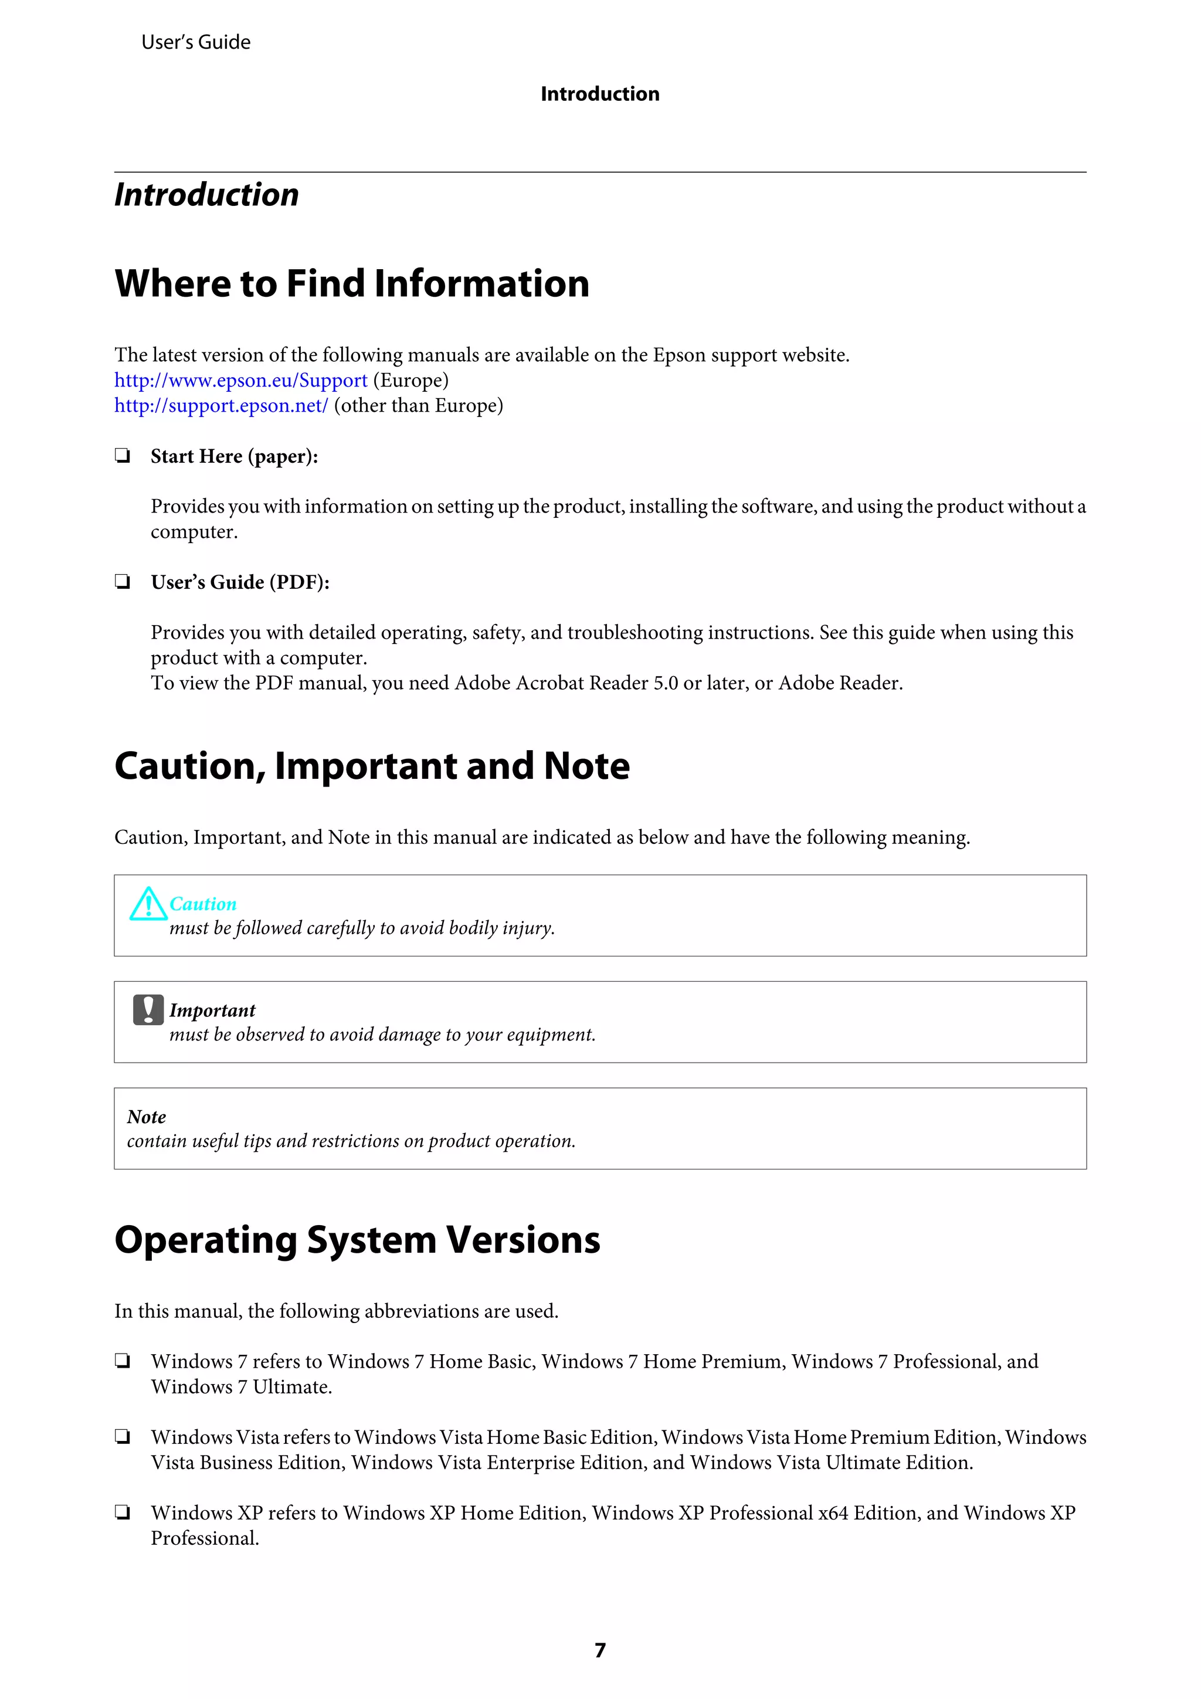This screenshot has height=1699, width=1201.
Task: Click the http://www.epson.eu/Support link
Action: tap(240, 381)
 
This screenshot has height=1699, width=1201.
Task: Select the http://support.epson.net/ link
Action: tap(220, 405)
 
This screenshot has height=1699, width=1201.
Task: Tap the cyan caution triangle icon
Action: tap(147, 904)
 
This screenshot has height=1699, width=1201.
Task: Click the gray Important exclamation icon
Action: tap(148, 1010)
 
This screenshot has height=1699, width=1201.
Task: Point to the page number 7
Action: tap(600, 1650)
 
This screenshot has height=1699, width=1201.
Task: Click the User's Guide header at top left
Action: tap(195, 42)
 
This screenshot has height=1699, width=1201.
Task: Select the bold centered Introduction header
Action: tap(600, 94)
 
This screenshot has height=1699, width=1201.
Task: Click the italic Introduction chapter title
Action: tap(206, 195)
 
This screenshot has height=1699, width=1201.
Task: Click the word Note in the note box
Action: tap(147, 1117)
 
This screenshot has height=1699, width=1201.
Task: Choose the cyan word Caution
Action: tap(203, 904)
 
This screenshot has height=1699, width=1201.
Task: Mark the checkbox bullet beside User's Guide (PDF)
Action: tap(123, 582)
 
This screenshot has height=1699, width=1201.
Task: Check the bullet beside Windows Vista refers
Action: tap(123, 1437)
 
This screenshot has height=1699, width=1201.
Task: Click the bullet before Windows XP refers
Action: tap(123, 1513)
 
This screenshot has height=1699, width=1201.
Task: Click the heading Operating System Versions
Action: tap(357, 1240)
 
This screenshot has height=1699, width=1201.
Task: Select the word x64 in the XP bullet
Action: tap(833, 1513)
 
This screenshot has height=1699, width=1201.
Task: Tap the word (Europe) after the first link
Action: tap(410, 381)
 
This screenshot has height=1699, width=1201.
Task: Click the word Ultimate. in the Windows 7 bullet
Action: tap(292, 1387)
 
